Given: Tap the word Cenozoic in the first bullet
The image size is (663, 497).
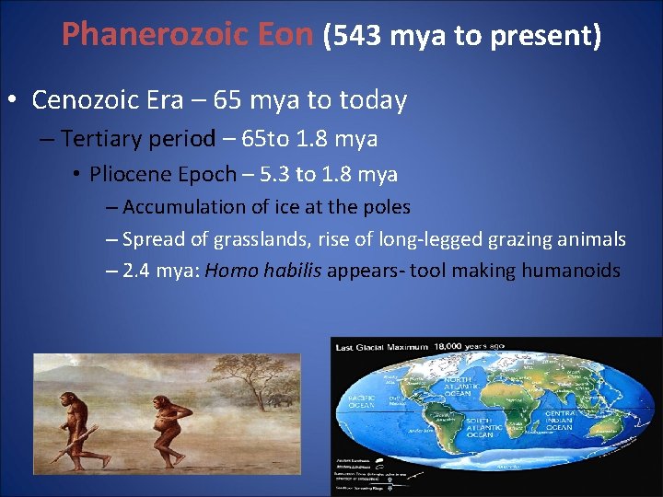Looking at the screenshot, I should tap(107, 99).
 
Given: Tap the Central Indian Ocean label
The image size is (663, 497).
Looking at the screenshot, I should tap(559, 421).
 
